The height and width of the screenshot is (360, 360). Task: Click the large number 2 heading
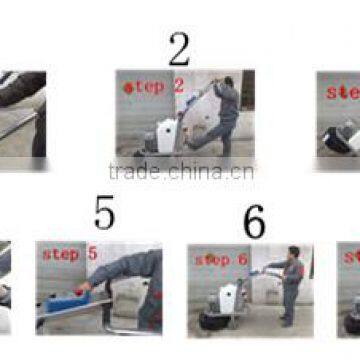[x=179, y=47]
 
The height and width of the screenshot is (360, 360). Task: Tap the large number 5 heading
[x=104, y=213]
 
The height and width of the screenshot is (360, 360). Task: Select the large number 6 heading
[x=254, y=222]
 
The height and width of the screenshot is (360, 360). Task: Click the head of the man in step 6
[x=292, y=253]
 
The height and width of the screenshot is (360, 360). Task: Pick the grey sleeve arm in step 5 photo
[x=125, y=272]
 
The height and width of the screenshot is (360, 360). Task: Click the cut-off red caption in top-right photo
[x=344, y=92]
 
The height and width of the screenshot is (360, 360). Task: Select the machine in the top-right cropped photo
[x=340, y=135]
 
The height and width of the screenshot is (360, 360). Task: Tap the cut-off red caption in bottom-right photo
[x=351, y=257]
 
